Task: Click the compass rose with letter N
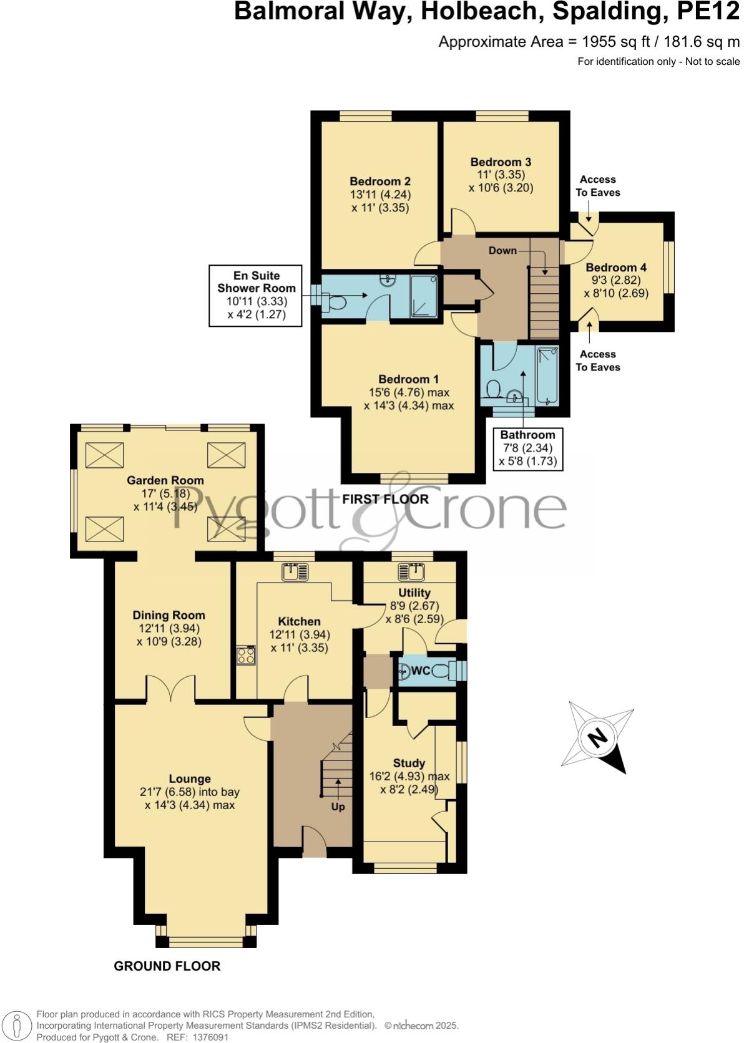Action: [x=597, y=737]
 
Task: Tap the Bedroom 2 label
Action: [x=379, y=182]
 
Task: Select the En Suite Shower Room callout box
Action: [x=255, y=295]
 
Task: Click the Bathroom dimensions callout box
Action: [x=527, y=449]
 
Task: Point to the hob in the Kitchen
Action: [x=245, y=656]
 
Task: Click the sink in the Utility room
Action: [x=412, y=571]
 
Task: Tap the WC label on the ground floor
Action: [x=421, y=671]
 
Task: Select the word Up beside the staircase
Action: [x=338, y=807]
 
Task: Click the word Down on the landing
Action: [x=502, y=250]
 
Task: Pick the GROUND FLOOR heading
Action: [x=167, y=966]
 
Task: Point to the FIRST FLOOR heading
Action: [x=385, y=499]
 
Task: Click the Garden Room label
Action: [x=165, y=480]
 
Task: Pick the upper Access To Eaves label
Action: [x=597, y=186]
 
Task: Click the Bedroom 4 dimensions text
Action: [x=615, y=287]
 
